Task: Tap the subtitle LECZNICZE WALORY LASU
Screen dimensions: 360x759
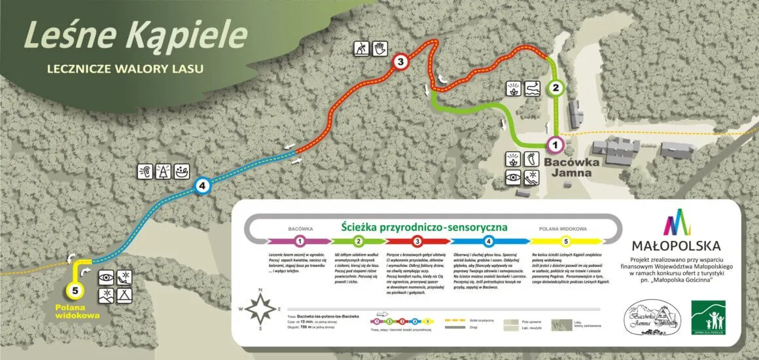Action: point(126,68)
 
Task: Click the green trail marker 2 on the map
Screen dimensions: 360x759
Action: point(556,87)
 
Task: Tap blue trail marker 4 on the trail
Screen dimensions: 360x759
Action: point(203,187)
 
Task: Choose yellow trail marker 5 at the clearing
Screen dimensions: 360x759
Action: point(75,290)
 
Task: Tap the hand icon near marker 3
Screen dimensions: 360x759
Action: point(381,48)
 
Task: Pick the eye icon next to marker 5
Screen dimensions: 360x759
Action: point(105,278)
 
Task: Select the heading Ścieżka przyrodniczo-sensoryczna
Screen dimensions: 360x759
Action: point(424,227)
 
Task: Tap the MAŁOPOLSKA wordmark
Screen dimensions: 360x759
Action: point(676,246)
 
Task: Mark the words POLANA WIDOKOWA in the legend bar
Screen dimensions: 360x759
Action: point(563,229)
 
